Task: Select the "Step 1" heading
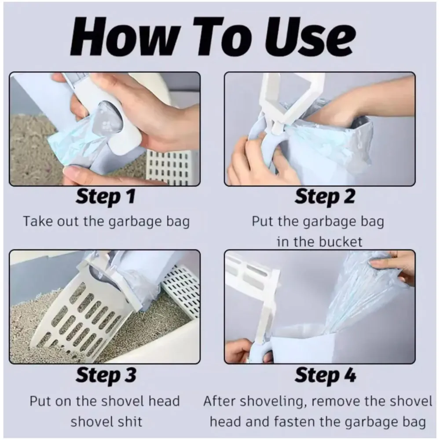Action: pos(106,196)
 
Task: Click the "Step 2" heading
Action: pos(325,196)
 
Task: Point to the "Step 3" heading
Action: pos(106,375)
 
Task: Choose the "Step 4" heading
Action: pos(325,375)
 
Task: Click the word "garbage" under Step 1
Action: pos(135,222)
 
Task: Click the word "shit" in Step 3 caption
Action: pos(130,422)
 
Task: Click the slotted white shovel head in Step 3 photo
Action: pos(84,314)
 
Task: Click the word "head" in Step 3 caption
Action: pos(164,402)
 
